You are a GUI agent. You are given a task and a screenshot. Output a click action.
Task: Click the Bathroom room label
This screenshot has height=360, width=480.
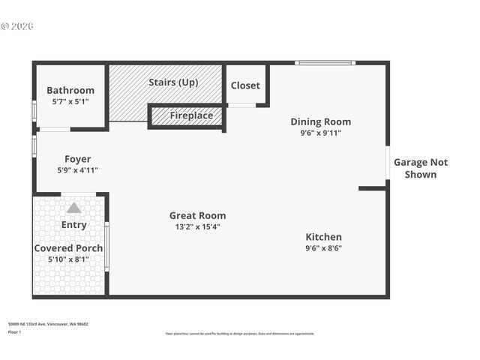click(70, 91)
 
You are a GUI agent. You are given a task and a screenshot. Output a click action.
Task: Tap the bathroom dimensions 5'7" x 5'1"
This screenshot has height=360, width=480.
click(70, 101)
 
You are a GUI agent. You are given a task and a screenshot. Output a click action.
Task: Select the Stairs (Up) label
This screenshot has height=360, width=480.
click(173, 82)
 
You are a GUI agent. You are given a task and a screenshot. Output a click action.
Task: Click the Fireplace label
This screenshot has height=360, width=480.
click(191, 116)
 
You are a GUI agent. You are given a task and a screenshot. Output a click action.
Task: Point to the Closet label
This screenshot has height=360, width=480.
click(245, 85)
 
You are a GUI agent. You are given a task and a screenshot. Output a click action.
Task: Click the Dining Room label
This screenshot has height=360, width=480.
click(320, 122)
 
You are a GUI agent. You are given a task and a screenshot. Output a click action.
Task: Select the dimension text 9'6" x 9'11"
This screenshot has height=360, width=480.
click(320, 133)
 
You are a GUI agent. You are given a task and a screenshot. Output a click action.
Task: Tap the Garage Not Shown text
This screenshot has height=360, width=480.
click(421, 168)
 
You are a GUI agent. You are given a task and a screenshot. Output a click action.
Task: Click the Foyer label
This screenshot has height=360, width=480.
click(78, 159)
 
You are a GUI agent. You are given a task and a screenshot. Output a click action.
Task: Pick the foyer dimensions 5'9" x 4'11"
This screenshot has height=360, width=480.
click(78, 170)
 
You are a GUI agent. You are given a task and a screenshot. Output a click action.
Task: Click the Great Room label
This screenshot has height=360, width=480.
click(197, 216)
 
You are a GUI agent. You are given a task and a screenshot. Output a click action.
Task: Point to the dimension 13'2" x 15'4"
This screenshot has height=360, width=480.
click(197, 226)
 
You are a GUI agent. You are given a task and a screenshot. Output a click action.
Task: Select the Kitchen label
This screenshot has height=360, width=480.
click(323, 237)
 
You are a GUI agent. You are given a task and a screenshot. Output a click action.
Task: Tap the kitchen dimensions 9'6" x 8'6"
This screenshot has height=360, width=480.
click(323, 248)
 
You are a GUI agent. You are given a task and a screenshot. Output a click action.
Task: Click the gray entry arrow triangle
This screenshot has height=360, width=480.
click(73, 208)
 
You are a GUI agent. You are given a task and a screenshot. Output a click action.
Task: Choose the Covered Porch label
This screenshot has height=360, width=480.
click(68, 248)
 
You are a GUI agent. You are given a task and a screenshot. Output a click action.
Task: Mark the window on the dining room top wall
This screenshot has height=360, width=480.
click(325, 63)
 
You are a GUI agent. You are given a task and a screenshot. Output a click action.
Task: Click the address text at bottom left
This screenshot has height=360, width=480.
click(48, 324)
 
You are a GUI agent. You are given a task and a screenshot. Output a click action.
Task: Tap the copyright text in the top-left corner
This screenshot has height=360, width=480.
click(17, 26)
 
